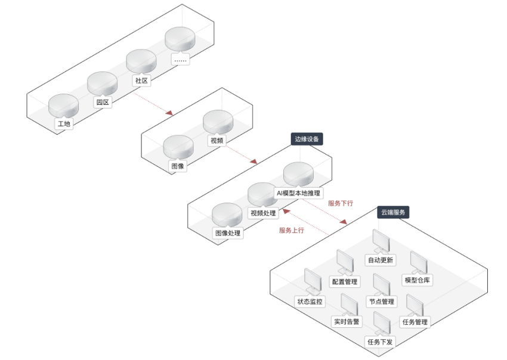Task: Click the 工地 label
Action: click(x=64, y=124)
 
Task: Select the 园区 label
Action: click(x=103, y=102)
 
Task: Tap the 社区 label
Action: click(x=141, y=80)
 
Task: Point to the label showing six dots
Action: click(x=180, y=59)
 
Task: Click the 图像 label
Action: click(x=178, y=166)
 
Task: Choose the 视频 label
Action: click(x=217, y=141)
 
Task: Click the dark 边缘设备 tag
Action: click(x=307, y=139)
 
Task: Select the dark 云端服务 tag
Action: click(x=393, y=212)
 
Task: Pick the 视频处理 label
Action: click(x=263, y=213)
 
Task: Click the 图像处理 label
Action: click(x=228, y=233)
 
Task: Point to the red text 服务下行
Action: click(x=341, y=203)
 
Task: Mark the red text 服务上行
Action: click(x=292, y=230)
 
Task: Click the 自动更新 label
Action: click(x=380, y=260)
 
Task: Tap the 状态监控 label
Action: click(x=310, y=302)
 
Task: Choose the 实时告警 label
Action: click(x=347, y=322)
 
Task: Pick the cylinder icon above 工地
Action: click(x=63, y=105)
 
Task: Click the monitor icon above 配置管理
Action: click(x=344, y=260)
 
